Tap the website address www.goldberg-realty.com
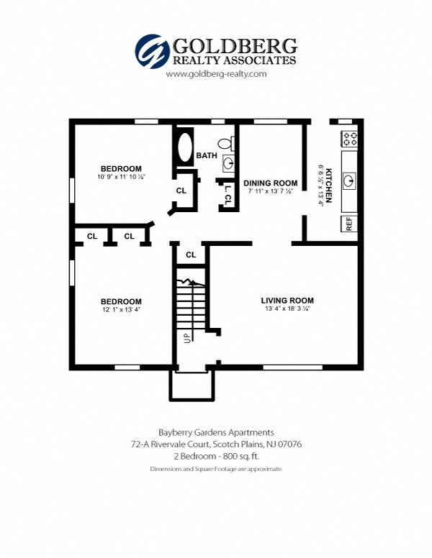tap(216, 74)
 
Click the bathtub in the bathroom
tap(184, 147)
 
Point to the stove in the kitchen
tap(349, 138)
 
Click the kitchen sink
tap(349, 179)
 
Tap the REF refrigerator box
tap(349, 223)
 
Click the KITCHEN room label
tap(328, 186)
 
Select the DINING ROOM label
tap(270, 183)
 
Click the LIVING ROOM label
tap(287, 301)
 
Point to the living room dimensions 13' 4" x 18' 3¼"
tap(287, 309)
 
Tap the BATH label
tap(207, 155)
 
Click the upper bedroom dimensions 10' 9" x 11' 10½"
tap(121, 177)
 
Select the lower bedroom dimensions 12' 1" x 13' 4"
tap(121, 310)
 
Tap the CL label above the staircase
tap(191, 255)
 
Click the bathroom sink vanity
tap(228, 163)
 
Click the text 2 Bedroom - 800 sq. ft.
tap(216, 457)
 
